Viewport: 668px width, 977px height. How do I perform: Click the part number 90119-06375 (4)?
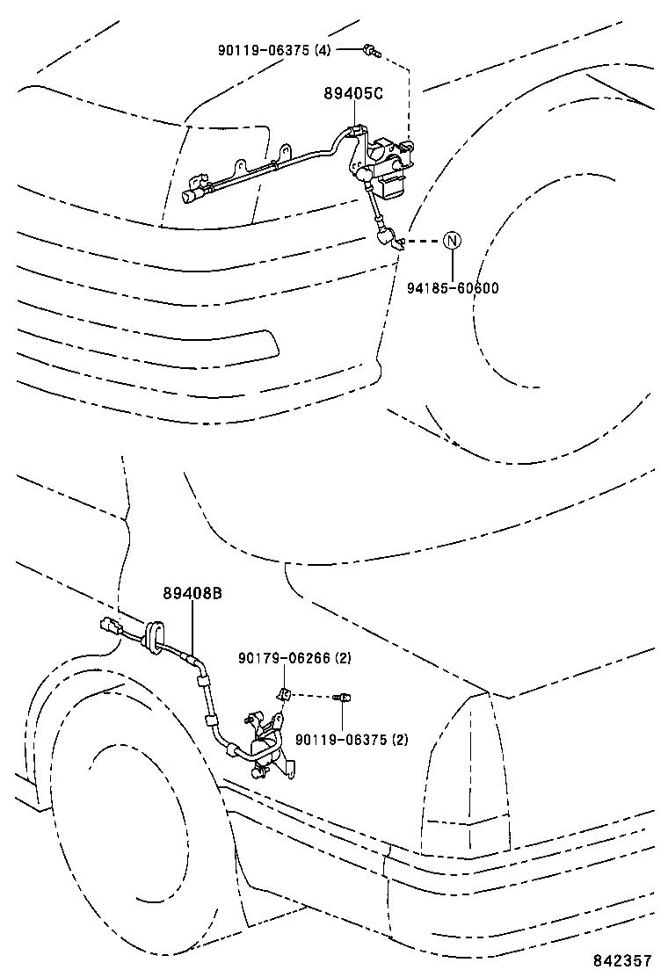coord(273,51)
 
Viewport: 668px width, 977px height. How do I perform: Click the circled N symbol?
coord(451,241)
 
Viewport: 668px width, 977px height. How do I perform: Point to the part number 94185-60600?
coord(452,287)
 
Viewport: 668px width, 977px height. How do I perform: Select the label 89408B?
coord(192,594)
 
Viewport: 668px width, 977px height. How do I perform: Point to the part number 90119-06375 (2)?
coord(351,739)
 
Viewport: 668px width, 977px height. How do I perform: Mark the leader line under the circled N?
coord(451,264)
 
